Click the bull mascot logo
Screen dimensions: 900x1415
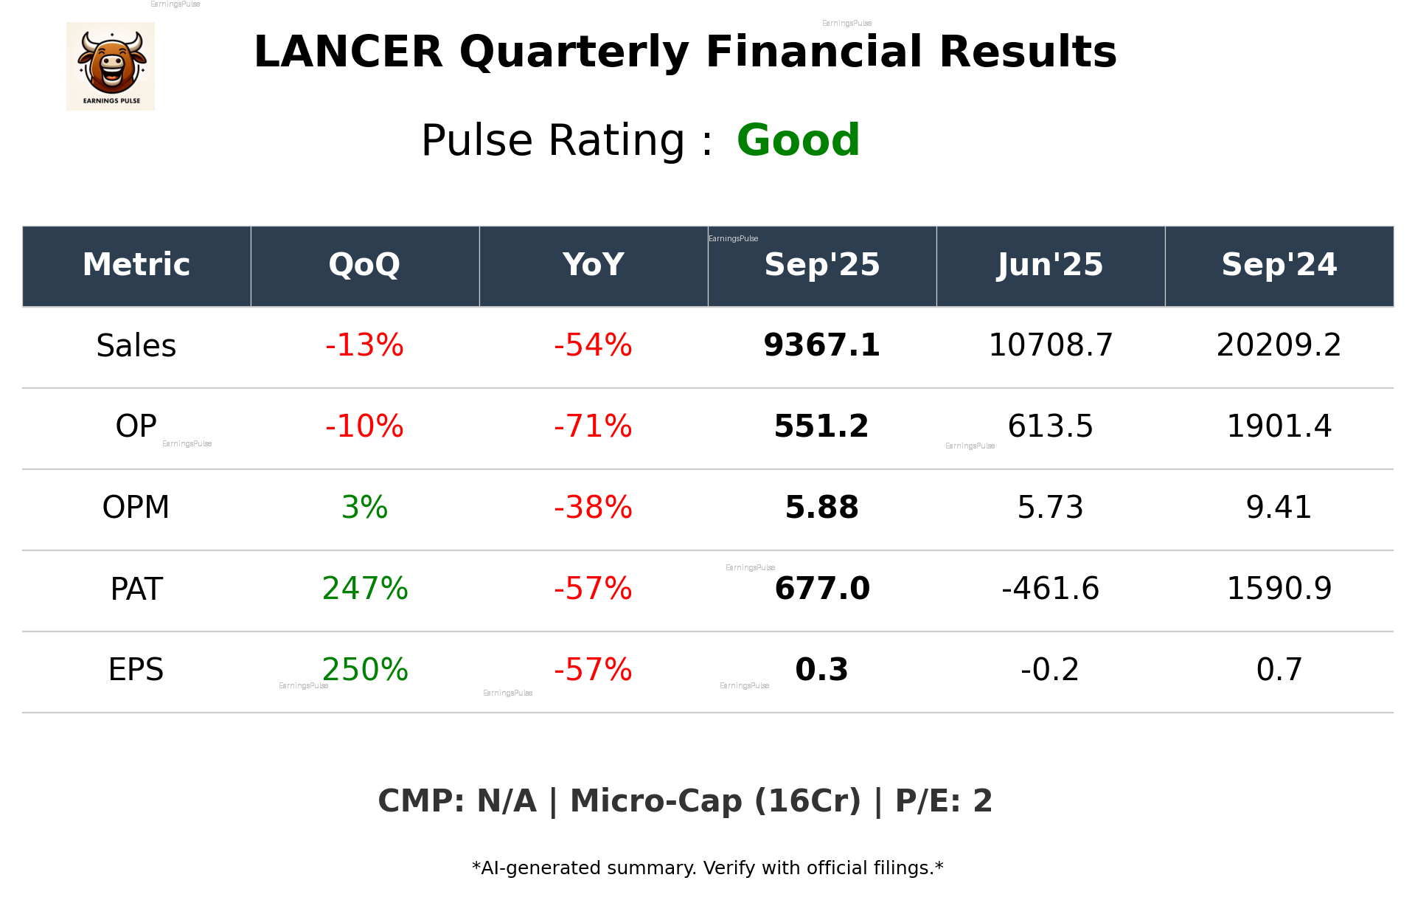(111, 66)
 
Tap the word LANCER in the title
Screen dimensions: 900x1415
(348, 52)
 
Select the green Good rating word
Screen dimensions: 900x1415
(798, 140)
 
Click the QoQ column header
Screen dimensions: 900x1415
(364, 265)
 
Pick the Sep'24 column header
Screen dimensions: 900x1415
(1279, 265)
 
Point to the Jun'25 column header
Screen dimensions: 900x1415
(1050, 265)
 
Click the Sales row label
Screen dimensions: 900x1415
(136, 346)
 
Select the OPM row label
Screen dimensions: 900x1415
(136, 508)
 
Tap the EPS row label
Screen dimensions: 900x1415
(136, 670)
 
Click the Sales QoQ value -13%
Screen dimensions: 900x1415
(364, 346)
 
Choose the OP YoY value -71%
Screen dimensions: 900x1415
(593, 426)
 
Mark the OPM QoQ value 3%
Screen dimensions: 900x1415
(364, 508)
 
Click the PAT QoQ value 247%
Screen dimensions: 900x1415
(364, 589)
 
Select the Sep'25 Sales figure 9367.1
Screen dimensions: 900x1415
(821, 346)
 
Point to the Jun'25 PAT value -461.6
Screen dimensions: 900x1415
(1050, 589)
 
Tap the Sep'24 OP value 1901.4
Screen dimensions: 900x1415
(1279, 426)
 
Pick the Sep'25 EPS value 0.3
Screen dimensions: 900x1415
(821, 670)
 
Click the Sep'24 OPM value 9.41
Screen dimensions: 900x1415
(1279, 508)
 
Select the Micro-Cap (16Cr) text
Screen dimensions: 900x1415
(715, 801)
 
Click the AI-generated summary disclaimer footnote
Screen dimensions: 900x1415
(707, 868)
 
